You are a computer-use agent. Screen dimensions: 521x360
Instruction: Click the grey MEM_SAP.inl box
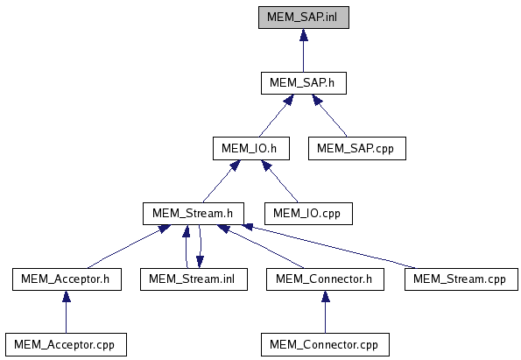(x=304, y=18)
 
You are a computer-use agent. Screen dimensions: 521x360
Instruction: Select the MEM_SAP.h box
(x=304, y=83)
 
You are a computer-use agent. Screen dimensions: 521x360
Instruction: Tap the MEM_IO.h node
(x=251, y=148)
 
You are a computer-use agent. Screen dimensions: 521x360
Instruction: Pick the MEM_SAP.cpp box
(x=357, y=148)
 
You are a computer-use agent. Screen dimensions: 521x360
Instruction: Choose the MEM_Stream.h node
(x=194, y=214)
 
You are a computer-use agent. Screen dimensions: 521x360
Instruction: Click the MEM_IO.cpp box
(x=308, y=214)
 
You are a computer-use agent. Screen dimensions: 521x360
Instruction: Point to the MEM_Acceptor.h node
(x=67, y=279)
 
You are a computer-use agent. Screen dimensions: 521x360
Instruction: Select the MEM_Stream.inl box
(x=194, y=279)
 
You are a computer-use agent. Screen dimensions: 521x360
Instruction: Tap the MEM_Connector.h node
(x=325, y=279)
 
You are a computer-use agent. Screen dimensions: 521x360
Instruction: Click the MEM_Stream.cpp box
(x=461, y=279)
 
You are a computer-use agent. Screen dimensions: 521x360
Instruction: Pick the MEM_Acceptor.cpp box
(x=66, y=345)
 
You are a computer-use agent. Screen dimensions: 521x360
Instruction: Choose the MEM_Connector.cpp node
(x=325, y=345)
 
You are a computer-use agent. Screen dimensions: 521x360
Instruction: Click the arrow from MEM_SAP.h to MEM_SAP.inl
(x=303, y=50)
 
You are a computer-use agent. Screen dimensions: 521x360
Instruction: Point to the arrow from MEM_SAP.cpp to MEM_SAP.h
(x=329, y=116)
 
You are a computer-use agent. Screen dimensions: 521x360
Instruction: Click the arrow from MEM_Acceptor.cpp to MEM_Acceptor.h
(x=67, y=312)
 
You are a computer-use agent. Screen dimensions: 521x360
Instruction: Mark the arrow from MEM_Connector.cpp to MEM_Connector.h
(x=325, y=312)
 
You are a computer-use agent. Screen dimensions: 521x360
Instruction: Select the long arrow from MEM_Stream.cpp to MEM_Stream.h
(x=328, y=246)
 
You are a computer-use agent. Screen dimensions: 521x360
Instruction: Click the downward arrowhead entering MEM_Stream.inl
(x=200, y=262)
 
